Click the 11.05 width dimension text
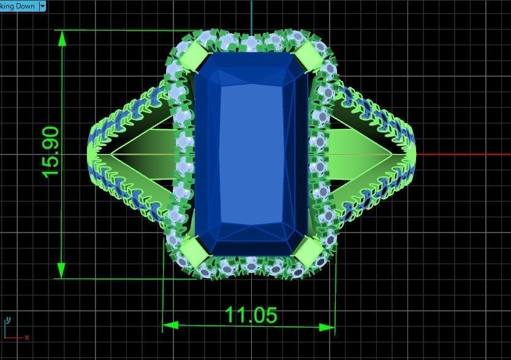(x=251, y=315)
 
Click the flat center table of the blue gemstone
(x=251, y=153)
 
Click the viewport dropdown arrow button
(x=42, y=6)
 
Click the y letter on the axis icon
(x=7, y=320)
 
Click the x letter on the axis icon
(x=27, y=337)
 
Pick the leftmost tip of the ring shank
(x=90, y=153)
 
